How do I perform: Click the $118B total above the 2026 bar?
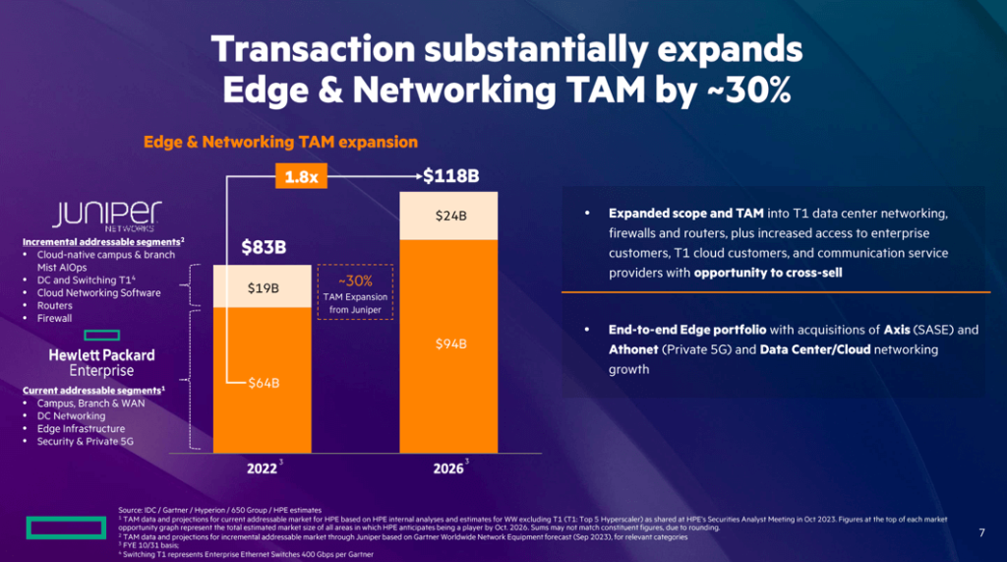[x=450, y=177]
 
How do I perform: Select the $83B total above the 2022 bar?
[x=264, y=247]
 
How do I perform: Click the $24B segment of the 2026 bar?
[x=450, y=216]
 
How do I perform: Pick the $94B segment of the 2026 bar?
[x=450, y=343]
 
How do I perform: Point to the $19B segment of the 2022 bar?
[x=264, y=288]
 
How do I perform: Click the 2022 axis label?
[x=262, y=468]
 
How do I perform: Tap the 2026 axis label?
[x=448, y=468]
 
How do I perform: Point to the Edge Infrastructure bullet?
[x=81, y=429]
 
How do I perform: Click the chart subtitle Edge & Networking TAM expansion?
[x=281, y=142]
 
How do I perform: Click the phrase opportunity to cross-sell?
[x=768, y=273]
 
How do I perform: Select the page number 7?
[x=980, y=532]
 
